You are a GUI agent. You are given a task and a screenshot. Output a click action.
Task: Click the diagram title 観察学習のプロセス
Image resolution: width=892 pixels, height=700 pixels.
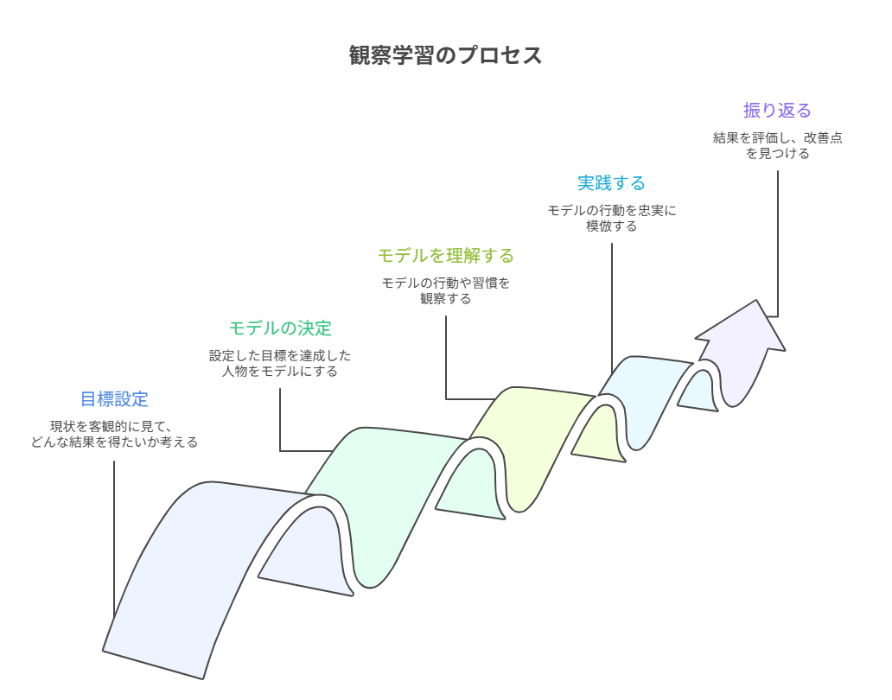click(445, 55)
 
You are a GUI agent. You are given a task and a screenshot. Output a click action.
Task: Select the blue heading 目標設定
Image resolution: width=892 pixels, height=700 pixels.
click(114, 399)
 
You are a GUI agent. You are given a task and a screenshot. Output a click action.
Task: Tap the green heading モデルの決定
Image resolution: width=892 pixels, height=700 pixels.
click(280, 328)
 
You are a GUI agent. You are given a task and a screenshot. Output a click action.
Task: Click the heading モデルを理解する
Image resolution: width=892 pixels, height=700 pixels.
click(446, 256)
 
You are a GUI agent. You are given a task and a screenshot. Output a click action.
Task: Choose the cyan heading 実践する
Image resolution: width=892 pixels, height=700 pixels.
click(611, 183)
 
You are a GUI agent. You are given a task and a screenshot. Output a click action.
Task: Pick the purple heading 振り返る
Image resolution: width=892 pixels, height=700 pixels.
click(777, 111)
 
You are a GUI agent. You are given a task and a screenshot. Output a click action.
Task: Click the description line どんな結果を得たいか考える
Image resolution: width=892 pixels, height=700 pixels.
click(114, 442)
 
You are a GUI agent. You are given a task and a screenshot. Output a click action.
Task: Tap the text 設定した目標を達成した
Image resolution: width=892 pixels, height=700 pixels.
click(280, 356)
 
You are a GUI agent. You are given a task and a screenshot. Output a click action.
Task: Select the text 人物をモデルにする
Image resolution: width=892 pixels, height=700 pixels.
click(280, 372)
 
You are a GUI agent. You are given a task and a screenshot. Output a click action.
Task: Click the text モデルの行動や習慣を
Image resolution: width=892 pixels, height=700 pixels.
click(446, 283)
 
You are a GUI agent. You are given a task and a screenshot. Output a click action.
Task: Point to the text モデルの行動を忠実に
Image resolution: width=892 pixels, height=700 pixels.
click(611, 211)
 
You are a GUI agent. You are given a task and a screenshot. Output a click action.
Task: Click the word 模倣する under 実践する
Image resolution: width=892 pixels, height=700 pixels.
click(611, 226)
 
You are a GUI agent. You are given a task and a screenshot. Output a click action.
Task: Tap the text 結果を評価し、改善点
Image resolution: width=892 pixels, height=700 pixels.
click(777, 138)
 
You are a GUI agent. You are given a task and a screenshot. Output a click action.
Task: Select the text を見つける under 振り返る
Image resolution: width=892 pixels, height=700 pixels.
click(777, 154)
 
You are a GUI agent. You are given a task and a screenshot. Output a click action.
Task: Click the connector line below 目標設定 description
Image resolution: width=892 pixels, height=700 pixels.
click(114, 536)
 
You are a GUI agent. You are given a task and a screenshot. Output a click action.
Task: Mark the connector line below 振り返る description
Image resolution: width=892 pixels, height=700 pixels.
click(777, 242)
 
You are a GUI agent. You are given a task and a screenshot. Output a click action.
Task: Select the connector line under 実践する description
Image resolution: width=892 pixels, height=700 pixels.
click(612, 302)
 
